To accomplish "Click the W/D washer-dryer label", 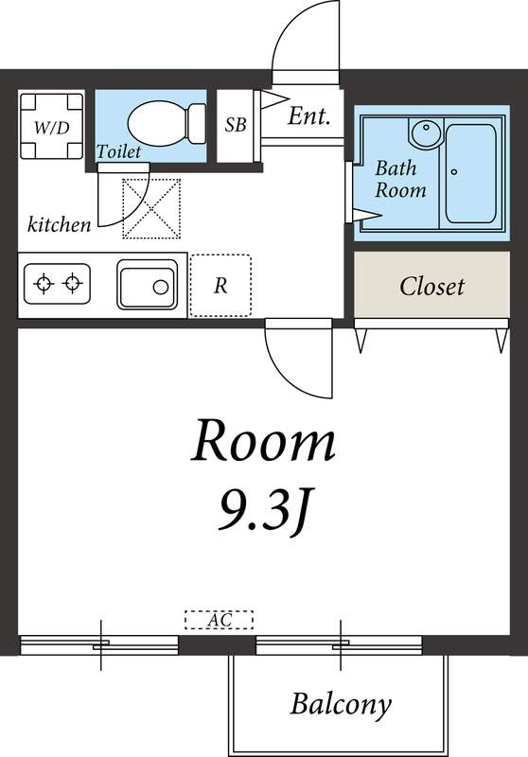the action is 52,128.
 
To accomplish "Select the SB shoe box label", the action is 236,125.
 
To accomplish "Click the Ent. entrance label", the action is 308,116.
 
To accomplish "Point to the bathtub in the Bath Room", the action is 470,173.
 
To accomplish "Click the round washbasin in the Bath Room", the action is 426,131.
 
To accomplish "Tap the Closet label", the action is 431,287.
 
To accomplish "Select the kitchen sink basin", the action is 148,285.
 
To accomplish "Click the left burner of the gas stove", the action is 44,283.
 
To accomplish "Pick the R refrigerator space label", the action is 220,286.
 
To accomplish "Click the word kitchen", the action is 59,224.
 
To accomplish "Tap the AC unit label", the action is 220,620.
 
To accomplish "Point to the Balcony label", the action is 341,704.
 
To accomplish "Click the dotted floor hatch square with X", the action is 151,208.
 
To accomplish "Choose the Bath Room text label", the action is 400,179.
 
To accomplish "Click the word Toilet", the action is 118,151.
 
